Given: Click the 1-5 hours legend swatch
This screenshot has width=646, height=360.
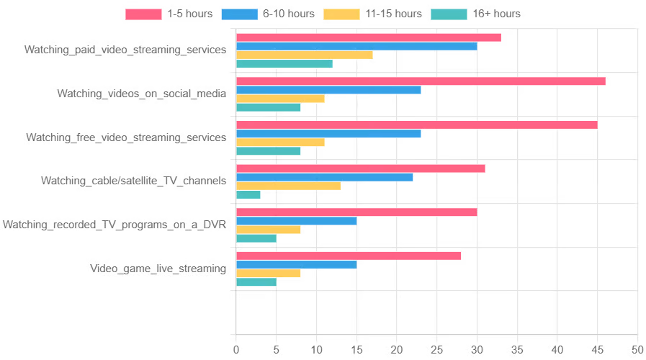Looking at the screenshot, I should tap(143, 14).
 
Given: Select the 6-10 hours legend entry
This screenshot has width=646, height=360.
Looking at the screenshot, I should tap(267, 14).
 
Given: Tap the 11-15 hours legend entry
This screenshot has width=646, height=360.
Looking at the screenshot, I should tap(372, 14).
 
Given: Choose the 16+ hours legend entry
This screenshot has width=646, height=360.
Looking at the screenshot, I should tap(475, 14).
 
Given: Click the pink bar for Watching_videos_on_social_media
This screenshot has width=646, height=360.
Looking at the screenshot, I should tap(421, 81).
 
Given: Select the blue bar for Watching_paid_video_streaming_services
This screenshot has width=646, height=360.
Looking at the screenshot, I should tap(356, 46).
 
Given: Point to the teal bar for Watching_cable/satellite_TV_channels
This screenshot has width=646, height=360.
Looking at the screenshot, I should tap(248, 194).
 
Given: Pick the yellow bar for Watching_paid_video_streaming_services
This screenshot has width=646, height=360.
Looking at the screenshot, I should tap(305, 55).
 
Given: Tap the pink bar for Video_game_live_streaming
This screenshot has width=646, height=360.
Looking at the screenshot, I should tap(349, 256).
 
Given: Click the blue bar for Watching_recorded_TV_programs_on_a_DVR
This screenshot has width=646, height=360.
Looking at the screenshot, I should tap(297, 221).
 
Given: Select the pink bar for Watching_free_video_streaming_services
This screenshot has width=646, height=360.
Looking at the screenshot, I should tap(417, 125).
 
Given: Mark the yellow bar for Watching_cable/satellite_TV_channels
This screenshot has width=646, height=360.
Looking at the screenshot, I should tap(288, 186).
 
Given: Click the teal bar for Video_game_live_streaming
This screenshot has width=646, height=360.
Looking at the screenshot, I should tap(256, 282).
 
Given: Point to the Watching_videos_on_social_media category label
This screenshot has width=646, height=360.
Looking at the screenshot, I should tap(142, 94).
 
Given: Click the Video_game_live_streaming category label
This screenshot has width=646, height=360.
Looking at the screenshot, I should tap(158, 269).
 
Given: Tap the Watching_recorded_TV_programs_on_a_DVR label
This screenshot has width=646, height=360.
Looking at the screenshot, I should tap(115, 225).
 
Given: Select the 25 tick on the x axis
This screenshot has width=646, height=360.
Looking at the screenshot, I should tap(437, 350).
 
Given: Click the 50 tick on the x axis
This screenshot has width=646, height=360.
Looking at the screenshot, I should tap(637, 350).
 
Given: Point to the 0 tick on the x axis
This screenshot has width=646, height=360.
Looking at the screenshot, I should tap(236, 350).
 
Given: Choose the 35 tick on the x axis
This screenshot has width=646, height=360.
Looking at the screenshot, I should tap(517, 350).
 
